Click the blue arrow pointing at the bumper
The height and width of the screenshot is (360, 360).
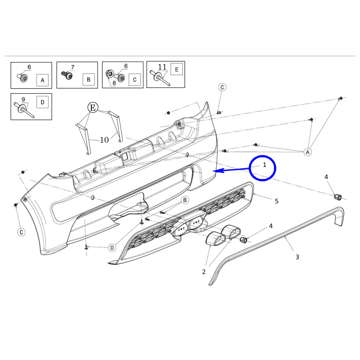[x=231, y=170]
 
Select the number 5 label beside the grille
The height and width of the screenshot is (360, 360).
[x=277, y=201]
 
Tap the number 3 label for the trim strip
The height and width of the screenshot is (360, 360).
[x=297, y=257]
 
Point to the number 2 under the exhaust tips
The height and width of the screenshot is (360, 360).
[x=204, y=272]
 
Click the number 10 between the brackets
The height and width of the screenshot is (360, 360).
[x=104, y=140]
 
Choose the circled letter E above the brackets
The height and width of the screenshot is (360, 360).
[x=93, y=108]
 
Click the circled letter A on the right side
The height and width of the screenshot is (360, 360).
[x=308, y=152]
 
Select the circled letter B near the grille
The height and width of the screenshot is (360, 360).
[x=185, y=200]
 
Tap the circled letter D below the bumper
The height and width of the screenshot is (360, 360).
[x=112, y=248]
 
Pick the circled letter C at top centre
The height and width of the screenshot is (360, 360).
[x=222, y=87]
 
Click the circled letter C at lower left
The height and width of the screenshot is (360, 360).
[x=21, y=232]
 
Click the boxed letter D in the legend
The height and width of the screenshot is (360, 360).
[x=42, y=103]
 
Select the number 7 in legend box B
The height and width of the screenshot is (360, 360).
[x=72, y=67]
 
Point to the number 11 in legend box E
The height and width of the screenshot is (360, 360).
[x=162, y=67]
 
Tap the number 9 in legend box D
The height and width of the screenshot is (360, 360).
[x=23, y=99]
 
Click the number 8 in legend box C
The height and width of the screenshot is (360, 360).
[x=114, y=83]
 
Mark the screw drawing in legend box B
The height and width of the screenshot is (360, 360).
[x=67, y=75]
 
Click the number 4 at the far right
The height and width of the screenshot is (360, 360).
[x=326, y=177]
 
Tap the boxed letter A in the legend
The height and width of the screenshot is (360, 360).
[x=42, y=80]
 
